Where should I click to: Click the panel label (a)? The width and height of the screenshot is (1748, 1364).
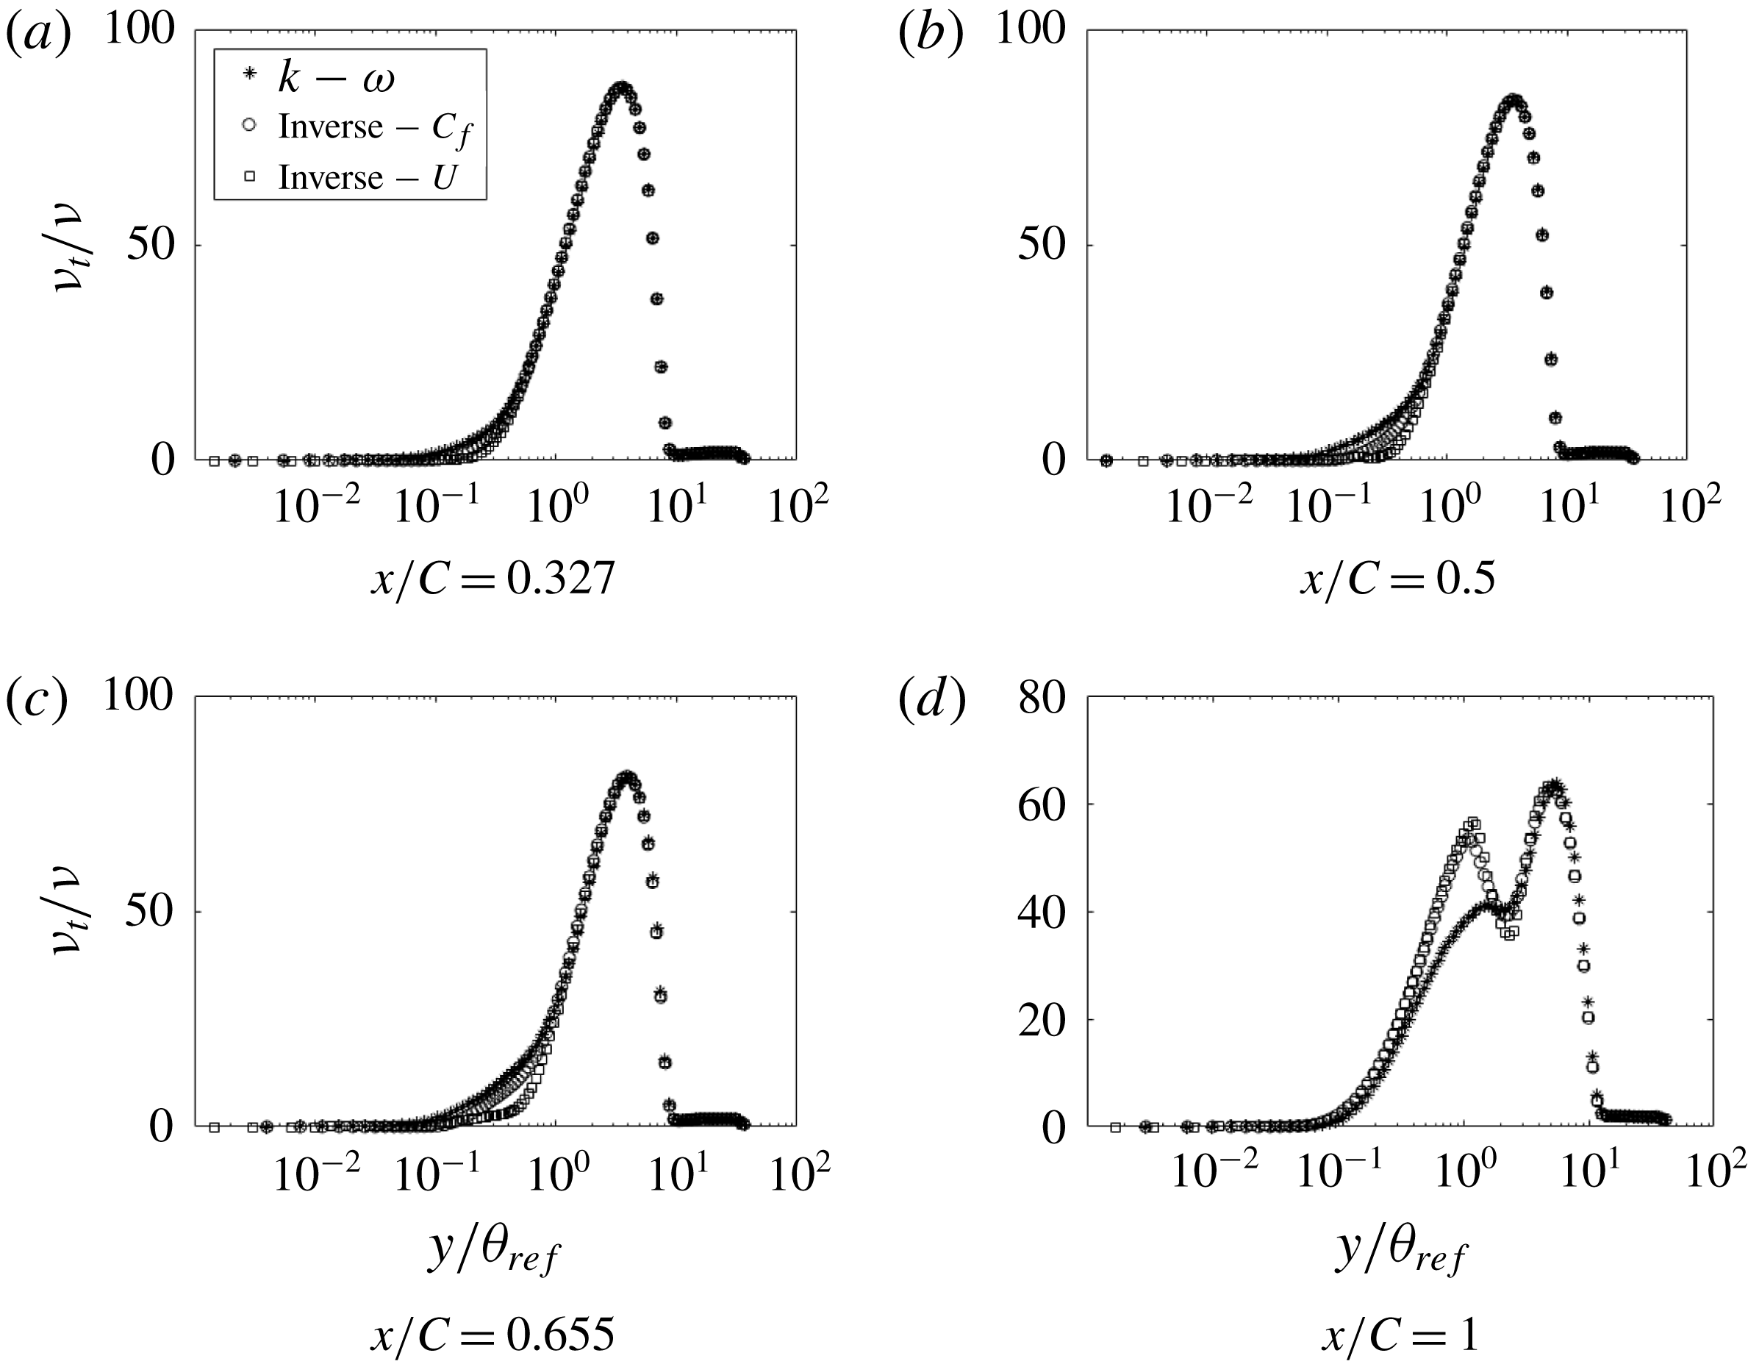tap(38, 36)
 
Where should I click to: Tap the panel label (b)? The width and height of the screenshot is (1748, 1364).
tap(930, 36)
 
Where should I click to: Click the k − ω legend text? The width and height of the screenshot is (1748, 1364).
tap(336, 79)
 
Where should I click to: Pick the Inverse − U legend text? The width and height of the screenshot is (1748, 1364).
tap(367, 178)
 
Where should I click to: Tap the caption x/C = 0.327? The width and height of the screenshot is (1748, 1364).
tap(492, 578)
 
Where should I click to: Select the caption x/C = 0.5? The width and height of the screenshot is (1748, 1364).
tap(1396, 578)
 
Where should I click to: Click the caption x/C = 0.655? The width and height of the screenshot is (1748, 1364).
tap(492, 1334)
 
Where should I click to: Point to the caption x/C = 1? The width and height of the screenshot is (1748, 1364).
tap(1399, 1334)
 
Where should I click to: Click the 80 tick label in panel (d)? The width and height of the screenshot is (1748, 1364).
tap(1043, 699)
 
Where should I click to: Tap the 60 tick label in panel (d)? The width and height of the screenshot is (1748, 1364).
tap(1043, 805)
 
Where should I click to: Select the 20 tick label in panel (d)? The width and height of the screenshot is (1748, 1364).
tap(1043, 1020)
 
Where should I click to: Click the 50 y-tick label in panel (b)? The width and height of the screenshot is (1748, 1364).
tap(1043, 246)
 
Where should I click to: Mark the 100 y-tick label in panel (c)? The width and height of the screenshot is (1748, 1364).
tap(138, 697)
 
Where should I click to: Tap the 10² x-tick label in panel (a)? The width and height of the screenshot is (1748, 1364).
tap(797, 504)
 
